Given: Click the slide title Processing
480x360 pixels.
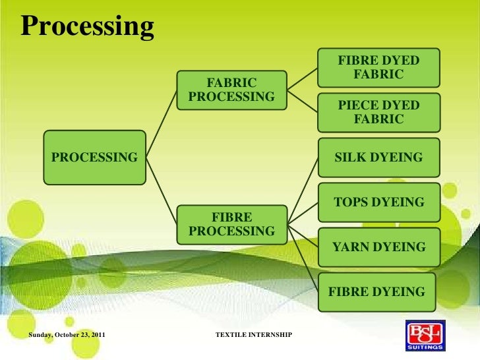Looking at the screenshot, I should pyautogui.click(x=88, y=26).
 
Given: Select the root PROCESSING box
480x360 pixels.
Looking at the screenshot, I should pyautogui.click(x=95, y=158).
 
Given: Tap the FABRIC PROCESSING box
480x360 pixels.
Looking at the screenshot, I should pyautogui.click(x=232, y=90).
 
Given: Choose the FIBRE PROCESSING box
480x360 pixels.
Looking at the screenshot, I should pyautogui.click(x=232, y=224).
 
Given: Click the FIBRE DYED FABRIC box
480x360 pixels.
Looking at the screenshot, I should pyautogui.click(x=378, y=68).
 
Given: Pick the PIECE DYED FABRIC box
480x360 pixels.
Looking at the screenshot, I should pyautogui.click(x=378, y=113).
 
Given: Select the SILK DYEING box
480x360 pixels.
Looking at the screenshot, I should pyautogui.click(x=378, y=158).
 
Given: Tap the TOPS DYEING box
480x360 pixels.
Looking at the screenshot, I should pyautogui.click(x=378, y=202).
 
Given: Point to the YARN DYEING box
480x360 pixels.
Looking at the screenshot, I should pyautogui.click(x=378, y=247).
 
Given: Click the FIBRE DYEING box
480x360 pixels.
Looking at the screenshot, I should pyautogui.click(x=378, y=291).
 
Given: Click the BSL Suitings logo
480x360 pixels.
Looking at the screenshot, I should pyautogui.click(x=425, y=332).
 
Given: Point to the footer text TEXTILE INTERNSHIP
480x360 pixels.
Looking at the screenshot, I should pyautogui.click(x=254, y=336).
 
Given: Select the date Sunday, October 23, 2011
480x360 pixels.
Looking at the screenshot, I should pyautogui.click(x=67, y=336).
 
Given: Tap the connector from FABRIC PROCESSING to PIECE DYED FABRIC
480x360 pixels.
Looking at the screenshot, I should pyautogui.click(x=303, y=102).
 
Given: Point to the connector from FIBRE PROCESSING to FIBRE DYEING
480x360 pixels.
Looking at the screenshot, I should pyautogui.click(x=303, y=258).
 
